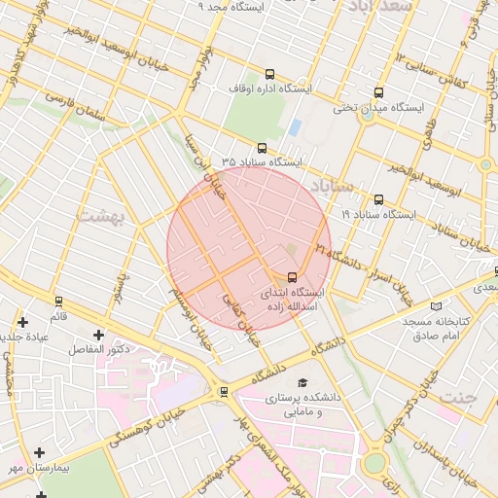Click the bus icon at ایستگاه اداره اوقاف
pyautogui.click(x=269, y=74)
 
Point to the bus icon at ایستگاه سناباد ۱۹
pyautogui.click(x=378, y=199)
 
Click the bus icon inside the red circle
pyautogui.click(x=294, y=276)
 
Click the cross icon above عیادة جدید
pyautogui.click(x=23, y=321)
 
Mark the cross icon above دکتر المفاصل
pyautogui.click(x=98, y=336)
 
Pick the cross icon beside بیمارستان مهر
pyautogui.click(x=39, y=452)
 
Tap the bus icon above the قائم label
pyautogui.click(x=58, y=302)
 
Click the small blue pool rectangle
pyautogui.click(x=295, y=127)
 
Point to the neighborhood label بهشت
pyautogui.click(x=101, y=215)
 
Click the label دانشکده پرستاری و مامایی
pyautogui.click(x=302, y=406)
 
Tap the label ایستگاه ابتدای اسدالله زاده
pyautogui.click(x=295, y=298)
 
